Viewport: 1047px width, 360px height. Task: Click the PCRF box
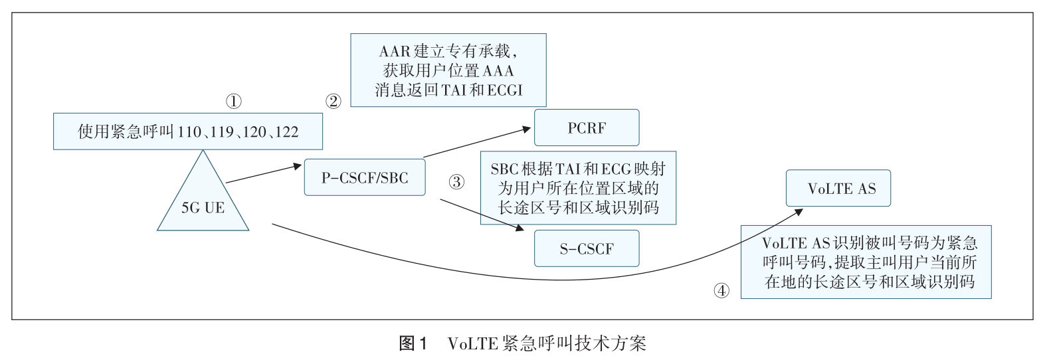[x=587, y=128]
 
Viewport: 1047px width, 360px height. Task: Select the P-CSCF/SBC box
[x=364, y=177]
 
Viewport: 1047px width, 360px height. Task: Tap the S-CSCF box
[x=587, y=248]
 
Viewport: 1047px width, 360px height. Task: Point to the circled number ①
[x=233, y=102]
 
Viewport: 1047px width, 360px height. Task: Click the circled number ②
[x=333, y=102]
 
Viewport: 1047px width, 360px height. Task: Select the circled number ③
[x=456, y=182]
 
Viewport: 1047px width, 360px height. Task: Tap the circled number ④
[x=721, y=290]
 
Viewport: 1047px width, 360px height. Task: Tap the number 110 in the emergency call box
[x=190, y=132]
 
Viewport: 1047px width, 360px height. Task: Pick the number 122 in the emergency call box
[x=286, y=132]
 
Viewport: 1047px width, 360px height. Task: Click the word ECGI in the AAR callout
[x=505, y=90]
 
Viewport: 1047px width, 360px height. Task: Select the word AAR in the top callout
[x=395, y=51]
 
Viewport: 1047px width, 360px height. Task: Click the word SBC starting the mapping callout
[x=505, y=169]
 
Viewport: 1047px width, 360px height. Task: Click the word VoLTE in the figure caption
[x=472, y=343]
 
